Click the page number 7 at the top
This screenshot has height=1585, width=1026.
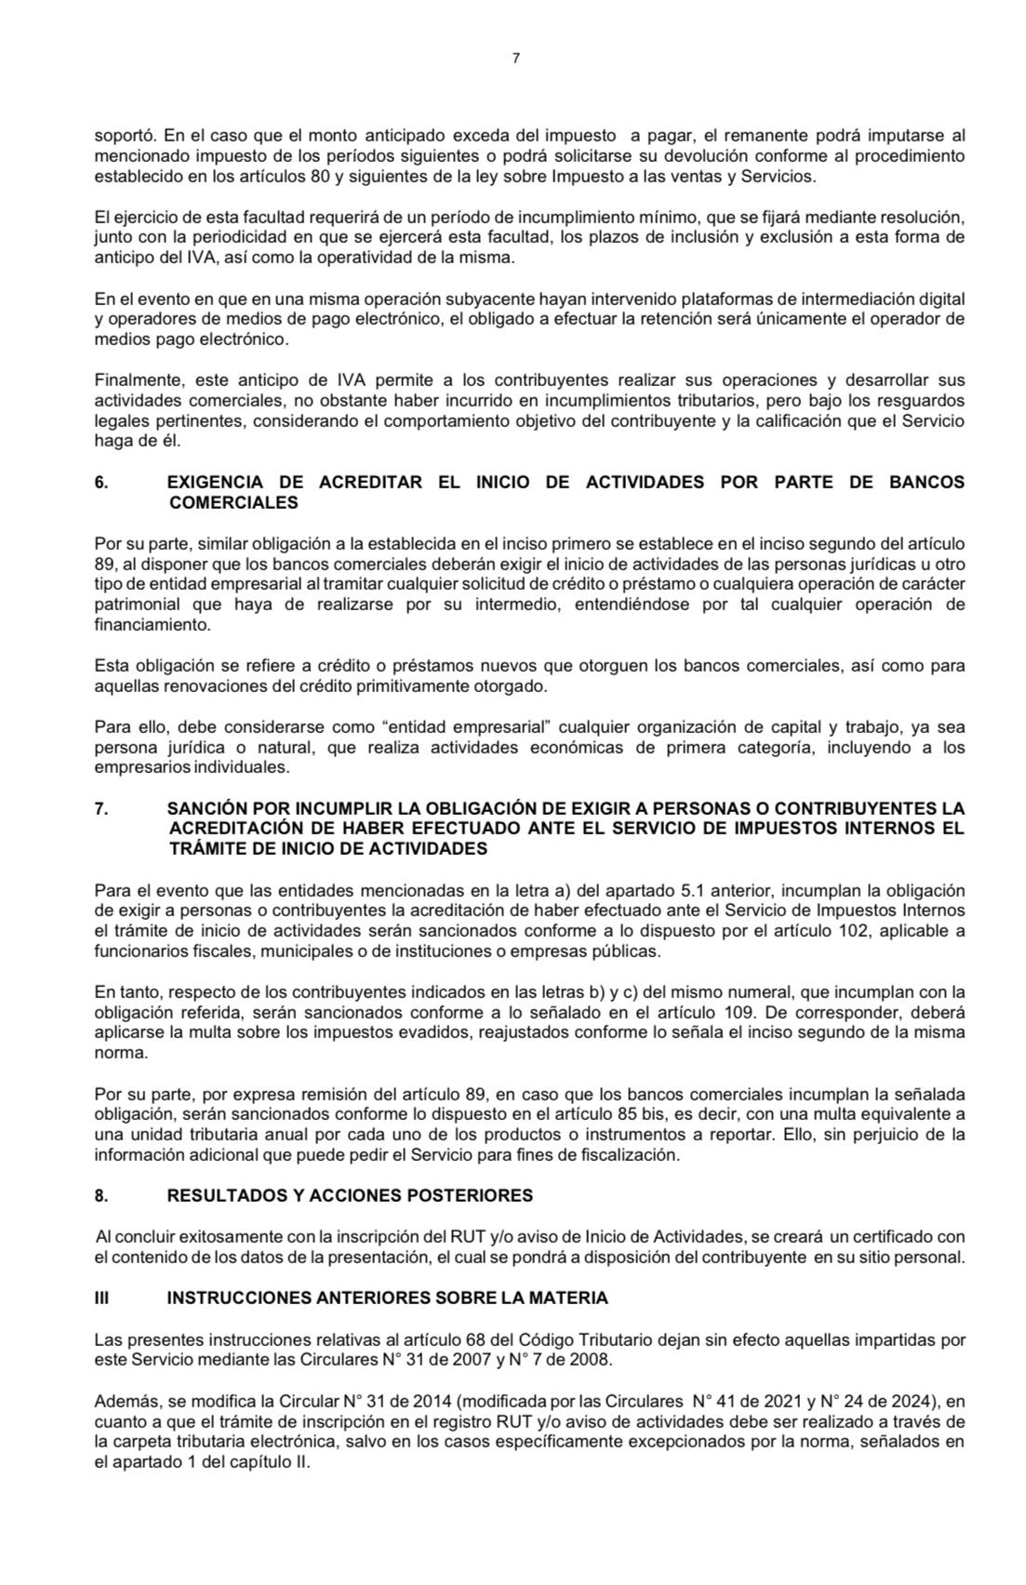pos(515,58)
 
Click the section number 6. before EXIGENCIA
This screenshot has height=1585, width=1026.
pos(102,483)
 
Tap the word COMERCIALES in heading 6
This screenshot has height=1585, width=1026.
pos(233,503)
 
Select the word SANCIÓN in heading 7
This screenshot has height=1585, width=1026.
pos(202,807)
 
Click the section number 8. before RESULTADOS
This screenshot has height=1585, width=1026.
pos(101,1196)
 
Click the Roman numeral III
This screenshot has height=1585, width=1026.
pos(102,1298)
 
